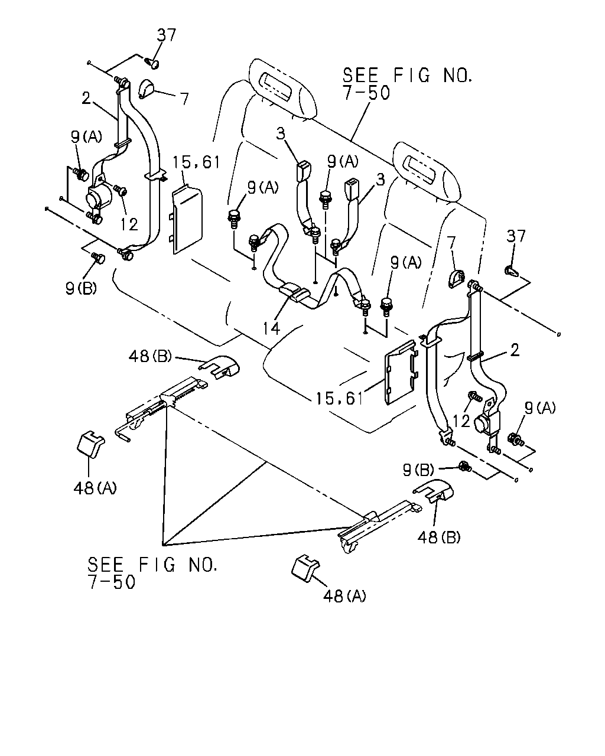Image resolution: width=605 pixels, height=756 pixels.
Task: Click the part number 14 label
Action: pyautogui.click(x=271, y=328)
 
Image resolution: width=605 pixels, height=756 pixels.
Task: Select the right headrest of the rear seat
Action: pyautogui.click(x=427, y=171)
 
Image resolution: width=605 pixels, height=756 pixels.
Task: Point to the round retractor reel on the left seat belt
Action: pyautogui.click(x=96, y=197)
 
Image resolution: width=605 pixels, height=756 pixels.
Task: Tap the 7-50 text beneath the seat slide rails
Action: pyautogui.click(x=111, y=582)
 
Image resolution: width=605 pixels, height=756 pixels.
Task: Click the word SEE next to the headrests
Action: pyautogui.click(x=360, y=76)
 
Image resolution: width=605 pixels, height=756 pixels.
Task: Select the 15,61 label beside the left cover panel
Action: pyautogui.click(x=196, y=162)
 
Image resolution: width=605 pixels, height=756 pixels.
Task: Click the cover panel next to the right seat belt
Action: pyautogui.click(x=402, y=372)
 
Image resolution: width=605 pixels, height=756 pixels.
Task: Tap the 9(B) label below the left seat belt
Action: pyautogui.click(x=81, y=288)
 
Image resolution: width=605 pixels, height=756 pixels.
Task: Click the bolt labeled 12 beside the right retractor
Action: pyautogui.click(x=475, y=396)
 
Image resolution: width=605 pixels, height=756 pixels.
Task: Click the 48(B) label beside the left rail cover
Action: pyautogui.click(x=151, y=357)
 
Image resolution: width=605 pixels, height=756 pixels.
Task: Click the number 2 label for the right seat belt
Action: pyautogui.click(x=515, y=350)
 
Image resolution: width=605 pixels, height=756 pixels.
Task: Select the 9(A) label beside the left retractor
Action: pyautogui.click(x=86, y=136)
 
